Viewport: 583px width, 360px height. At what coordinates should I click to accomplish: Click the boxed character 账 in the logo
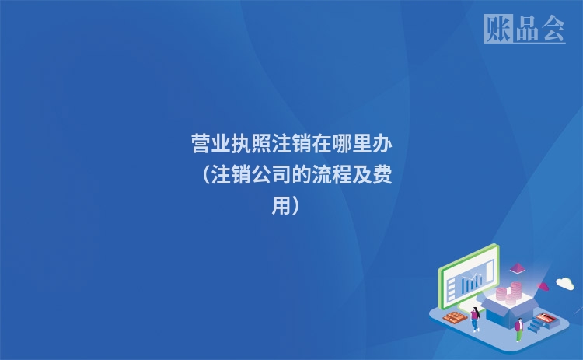[497, 30]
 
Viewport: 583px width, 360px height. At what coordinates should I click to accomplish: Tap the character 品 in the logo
[526, 30]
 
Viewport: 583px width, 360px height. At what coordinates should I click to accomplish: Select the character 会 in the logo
[553, 30]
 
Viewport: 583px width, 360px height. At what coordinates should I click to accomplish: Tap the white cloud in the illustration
[564, 283]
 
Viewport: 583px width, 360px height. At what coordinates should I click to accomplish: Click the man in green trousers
[518, 329]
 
